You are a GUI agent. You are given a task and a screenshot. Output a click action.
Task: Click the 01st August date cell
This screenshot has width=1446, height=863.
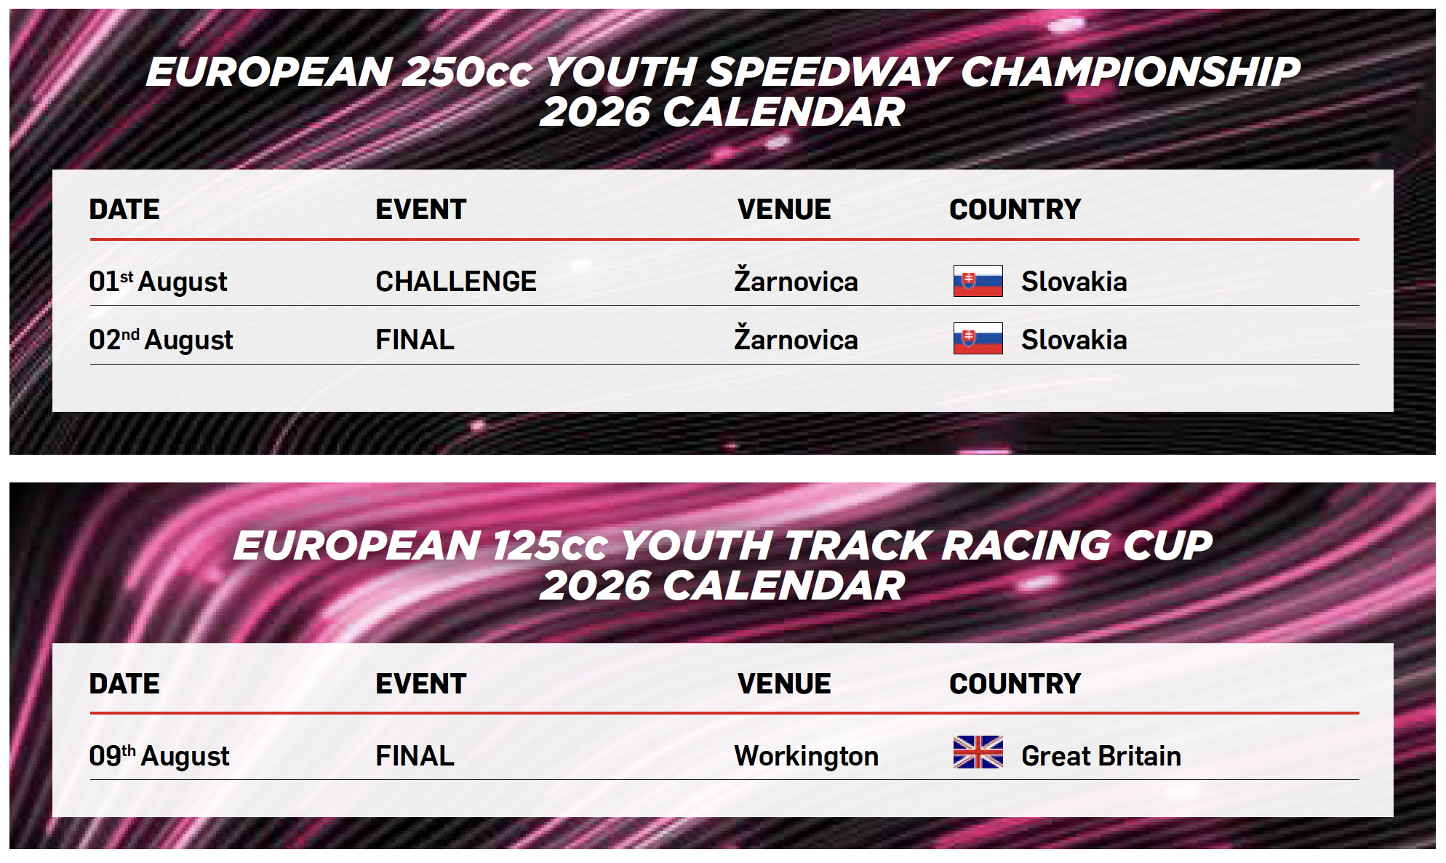158,282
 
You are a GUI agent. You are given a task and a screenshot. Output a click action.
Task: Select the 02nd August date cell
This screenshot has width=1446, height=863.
161,340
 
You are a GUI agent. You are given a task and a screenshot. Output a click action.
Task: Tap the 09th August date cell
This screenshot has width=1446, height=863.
159,756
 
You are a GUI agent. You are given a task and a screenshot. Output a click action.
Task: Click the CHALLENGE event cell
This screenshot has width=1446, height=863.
456,282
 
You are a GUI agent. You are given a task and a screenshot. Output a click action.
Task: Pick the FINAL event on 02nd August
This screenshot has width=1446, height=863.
415,340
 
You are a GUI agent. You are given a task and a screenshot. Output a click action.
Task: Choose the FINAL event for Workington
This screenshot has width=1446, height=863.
415,756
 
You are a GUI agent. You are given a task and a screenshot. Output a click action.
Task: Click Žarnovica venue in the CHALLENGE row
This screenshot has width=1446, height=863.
796,280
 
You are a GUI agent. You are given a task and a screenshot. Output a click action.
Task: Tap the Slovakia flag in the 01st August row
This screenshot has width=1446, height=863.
978,281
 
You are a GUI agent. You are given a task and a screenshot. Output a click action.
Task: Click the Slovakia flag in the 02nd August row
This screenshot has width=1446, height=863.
978,338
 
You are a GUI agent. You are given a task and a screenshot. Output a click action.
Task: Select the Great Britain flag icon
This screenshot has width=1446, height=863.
978,752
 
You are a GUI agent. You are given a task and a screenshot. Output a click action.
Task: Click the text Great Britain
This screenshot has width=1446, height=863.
1101,756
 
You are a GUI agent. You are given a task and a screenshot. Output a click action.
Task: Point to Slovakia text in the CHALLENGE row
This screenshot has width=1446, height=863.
1074,282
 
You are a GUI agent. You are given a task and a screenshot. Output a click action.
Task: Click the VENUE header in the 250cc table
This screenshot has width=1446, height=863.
784,210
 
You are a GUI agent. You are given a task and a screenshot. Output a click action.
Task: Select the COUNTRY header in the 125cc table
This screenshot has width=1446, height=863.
1015,684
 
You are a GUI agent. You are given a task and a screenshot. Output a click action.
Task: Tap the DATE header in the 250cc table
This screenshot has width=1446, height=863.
124,210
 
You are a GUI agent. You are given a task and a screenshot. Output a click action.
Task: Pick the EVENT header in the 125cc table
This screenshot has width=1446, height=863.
420,684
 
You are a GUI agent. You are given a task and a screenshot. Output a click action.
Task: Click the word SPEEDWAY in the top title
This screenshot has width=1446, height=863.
828,72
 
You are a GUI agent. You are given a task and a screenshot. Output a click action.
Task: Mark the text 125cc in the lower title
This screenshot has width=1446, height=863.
550,546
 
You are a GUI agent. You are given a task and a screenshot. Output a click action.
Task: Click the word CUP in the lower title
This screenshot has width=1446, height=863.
1167,546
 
